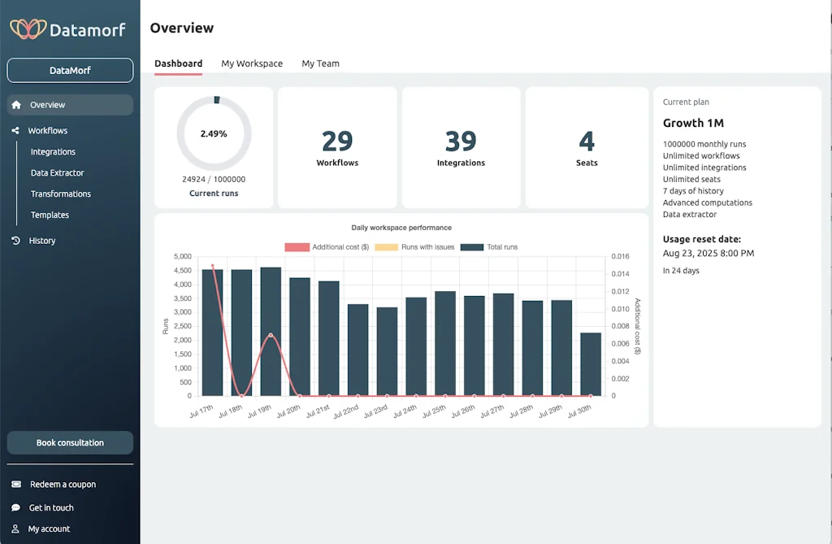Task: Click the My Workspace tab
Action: tap(252, 63)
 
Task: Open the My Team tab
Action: tap(320, 63)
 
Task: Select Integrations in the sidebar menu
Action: tap(53, 152)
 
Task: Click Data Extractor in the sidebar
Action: tap(57, 173)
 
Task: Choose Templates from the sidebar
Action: tap(50, 215)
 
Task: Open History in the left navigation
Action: tap(42, 241)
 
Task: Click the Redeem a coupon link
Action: tap(63, 485)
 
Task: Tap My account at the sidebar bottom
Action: tap(49, 529)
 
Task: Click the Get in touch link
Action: tap(51, 508)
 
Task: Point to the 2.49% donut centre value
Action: tap(214, 133)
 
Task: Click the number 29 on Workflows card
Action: tap(337, 141)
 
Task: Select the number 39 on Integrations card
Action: tap(461, 141)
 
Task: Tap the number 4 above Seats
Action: tap(587, 141)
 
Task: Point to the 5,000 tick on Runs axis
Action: tap(183, 256)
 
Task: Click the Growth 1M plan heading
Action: tap(694, 124)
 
